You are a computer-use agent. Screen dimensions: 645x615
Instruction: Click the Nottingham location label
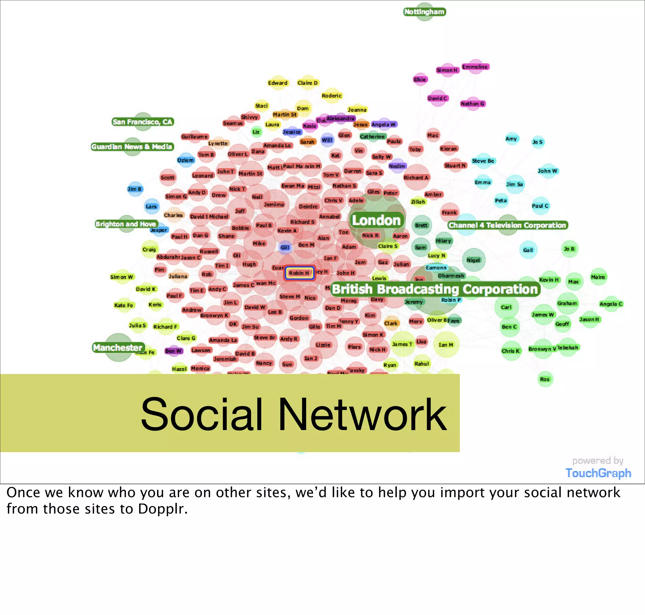425,12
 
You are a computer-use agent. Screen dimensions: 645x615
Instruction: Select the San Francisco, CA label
143,122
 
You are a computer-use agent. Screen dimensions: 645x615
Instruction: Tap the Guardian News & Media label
132,147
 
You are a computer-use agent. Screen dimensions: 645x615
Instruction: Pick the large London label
376,220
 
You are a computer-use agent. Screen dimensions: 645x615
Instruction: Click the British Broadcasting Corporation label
435,289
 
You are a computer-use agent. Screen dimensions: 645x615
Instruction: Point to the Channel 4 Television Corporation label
507,225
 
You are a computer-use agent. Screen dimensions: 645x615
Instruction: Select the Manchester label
118,348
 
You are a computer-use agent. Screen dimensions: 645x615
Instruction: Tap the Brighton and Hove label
126,224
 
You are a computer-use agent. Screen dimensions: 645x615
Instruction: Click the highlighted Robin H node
299,273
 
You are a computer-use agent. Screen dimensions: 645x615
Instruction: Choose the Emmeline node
475,67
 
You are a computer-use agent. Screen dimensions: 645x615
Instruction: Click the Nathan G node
472,104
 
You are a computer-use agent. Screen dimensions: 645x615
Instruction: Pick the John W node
547,171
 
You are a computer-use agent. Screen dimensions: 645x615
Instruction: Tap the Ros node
545,379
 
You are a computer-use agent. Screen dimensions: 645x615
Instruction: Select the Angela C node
611,304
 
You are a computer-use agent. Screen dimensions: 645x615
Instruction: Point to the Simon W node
122,277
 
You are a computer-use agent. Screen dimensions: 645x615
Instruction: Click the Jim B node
135,189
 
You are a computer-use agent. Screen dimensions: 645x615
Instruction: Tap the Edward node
277,83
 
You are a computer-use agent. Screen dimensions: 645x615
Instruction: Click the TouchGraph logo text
598,473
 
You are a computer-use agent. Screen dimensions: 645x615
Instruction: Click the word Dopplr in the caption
163,509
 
